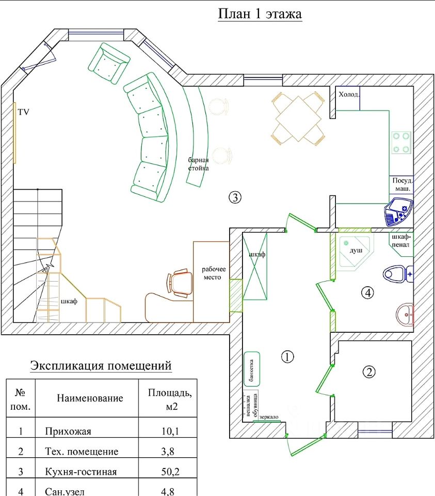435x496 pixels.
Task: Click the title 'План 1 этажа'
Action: pos(260,14)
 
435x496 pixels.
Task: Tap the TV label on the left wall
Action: pos(24,112)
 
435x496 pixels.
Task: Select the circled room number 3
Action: pos(235,197)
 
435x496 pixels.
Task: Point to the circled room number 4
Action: pos(367,292)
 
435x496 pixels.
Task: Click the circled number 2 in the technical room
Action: pos(368,371)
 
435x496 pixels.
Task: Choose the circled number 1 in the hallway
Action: pos(287,356)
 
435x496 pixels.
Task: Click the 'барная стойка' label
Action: pos(199,164)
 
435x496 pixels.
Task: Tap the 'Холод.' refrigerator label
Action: pos(348,94)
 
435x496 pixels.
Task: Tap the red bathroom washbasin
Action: pos(405,314)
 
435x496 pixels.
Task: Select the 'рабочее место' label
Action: pos(212,273)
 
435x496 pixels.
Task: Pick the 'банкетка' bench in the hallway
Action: pos(252,368)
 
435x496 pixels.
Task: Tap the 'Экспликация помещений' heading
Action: pos(101,366)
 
